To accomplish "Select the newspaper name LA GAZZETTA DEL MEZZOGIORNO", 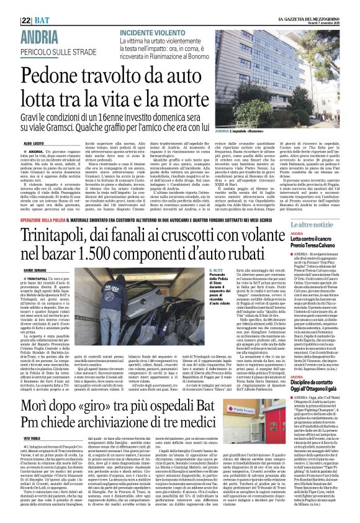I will (x=284, y=4).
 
